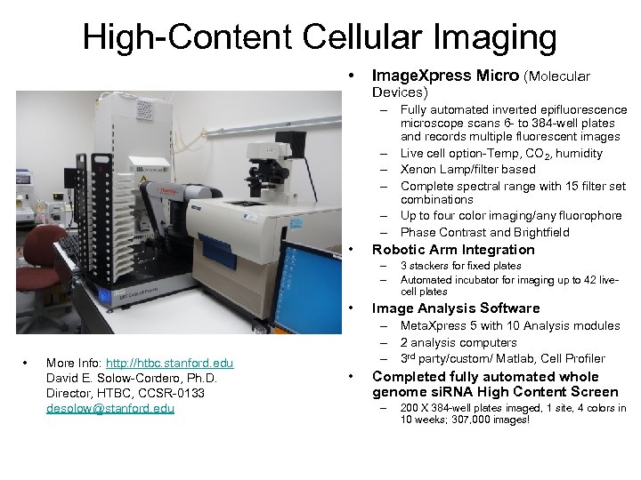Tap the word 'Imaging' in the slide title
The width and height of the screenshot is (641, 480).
tap(502, 37)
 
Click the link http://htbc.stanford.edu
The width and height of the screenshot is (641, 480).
tap(169, 363)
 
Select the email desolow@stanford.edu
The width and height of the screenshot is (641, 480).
tap(110, 409)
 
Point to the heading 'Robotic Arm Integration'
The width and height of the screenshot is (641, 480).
tap(453, 250)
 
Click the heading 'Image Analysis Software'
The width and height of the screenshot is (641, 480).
tap(455, 308)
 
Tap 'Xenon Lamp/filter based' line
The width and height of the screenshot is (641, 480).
tap(467, 169)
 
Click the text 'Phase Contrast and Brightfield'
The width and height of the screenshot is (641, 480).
tap(484, 232)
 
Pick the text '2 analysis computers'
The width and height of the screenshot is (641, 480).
tap(458, 342)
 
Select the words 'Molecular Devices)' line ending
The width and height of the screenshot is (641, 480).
tap(400, 92)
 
